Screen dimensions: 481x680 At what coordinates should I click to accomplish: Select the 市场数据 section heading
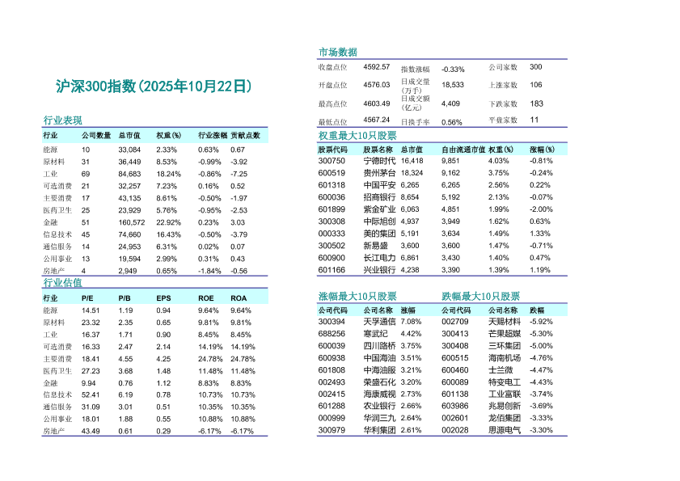click(x=338, y=53)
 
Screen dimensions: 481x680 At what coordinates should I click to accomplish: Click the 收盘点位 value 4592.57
click(x=377, y=66)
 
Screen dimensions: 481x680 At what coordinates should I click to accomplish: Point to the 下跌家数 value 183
click(x=537, y=103)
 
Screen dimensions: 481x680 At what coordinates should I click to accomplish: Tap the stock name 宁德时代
click(x=379, y=161)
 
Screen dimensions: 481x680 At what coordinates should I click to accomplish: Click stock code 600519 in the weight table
click(x=332, y=172)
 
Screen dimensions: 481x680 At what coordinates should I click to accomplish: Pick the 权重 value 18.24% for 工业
click(x=168, y=174)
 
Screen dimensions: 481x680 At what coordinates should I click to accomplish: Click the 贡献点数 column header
click(x=245, y=136)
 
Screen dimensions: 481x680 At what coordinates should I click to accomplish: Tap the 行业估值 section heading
click(x=62, y=283)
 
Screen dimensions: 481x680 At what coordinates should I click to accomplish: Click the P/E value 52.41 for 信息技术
click(x=91, y=395)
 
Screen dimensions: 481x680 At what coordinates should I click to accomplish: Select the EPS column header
click(x=163, y=298)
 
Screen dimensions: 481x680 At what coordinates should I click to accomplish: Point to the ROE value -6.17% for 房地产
click(x=209, y=431)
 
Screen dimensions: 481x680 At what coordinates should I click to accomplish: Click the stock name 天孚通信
click(x=380, y=322)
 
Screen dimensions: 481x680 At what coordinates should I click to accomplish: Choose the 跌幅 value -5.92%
click(x=541, y=322)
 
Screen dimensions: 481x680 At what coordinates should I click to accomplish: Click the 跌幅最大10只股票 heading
click(x=480, y=297)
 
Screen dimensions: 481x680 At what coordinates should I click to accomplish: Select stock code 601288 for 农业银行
click(x=332, y=406)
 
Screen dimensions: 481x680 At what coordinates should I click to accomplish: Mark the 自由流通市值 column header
click(x=462, y=150)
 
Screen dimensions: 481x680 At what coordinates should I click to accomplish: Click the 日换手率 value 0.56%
click(x=452, y=122)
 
